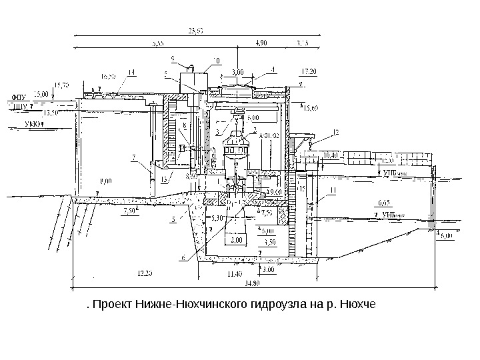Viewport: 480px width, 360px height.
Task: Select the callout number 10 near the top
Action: tap(215, 61)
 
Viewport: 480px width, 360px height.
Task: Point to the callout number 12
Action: tap(335, 133)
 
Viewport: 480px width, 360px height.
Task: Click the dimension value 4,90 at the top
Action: tap(262, 43)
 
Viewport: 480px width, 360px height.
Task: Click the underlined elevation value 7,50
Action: tap(130, 212)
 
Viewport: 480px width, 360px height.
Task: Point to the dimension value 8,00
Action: tap(105, 180)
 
